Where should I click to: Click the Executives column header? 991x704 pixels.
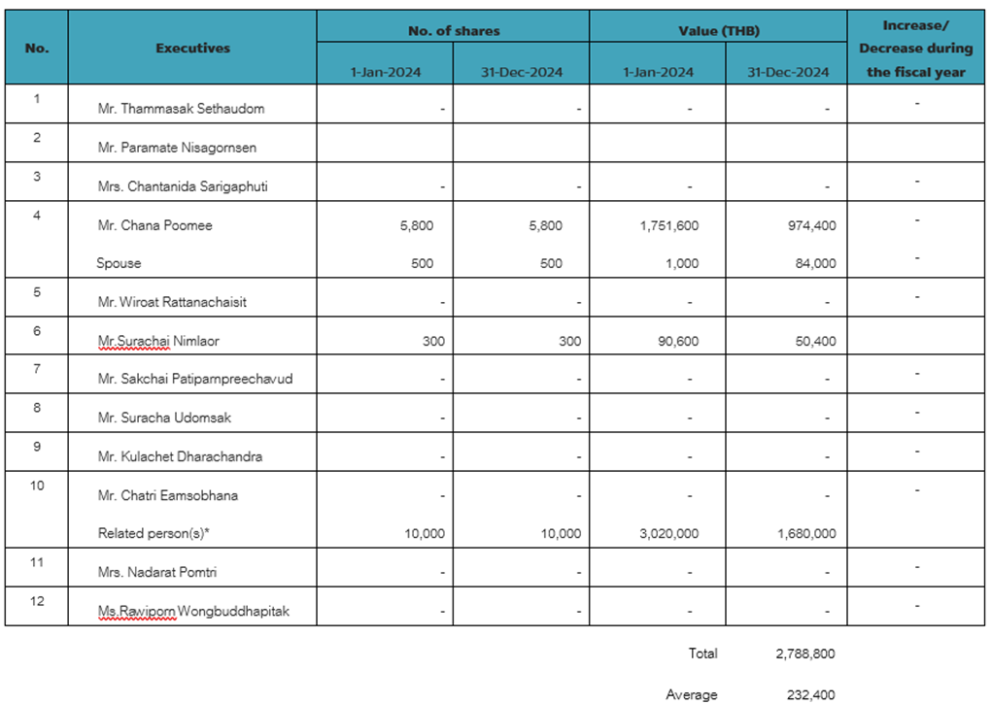pyautogui.click(x=192, y=48)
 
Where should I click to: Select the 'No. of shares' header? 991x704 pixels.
pyautogui.click(x=454, y=31)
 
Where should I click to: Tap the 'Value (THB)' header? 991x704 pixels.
pyautogui.click(x=718, y=31)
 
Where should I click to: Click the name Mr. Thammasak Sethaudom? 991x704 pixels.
pyautogui.click(x=181, y=109)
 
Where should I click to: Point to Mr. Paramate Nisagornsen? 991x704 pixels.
pyautogui.click(x=177, y=148)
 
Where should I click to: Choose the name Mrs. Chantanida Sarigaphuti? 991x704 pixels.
pyautogui.click(x=183, y=186)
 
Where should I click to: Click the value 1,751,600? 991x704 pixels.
pyautogui.click(x=669, y=225)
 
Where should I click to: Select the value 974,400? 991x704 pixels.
pyautogui.click(x=812, y=225)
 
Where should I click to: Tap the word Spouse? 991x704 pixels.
pyautogui.click(x=118, y=263)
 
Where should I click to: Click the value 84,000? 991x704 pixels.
pyautogui.click(x=815, y=263)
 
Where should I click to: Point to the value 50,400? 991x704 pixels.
pyautogui.click(x=815, y=341)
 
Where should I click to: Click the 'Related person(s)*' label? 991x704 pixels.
pyautogui.click(x=154, y=533)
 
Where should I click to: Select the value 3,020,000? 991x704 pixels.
pyautogui.click(x=669, y=533)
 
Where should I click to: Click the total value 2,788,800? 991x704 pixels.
pyautogui.click(x=805, y=654)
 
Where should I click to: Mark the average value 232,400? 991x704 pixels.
pyautogui.click(x=810, y=694)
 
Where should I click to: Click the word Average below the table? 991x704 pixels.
pyautogui.click(x=692, y=694)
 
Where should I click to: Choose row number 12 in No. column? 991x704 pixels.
pyautogui.click(x=37, y=601)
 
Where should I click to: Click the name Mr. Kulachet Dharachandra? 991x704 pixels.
pyautogui.click(x=180, y=456)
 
